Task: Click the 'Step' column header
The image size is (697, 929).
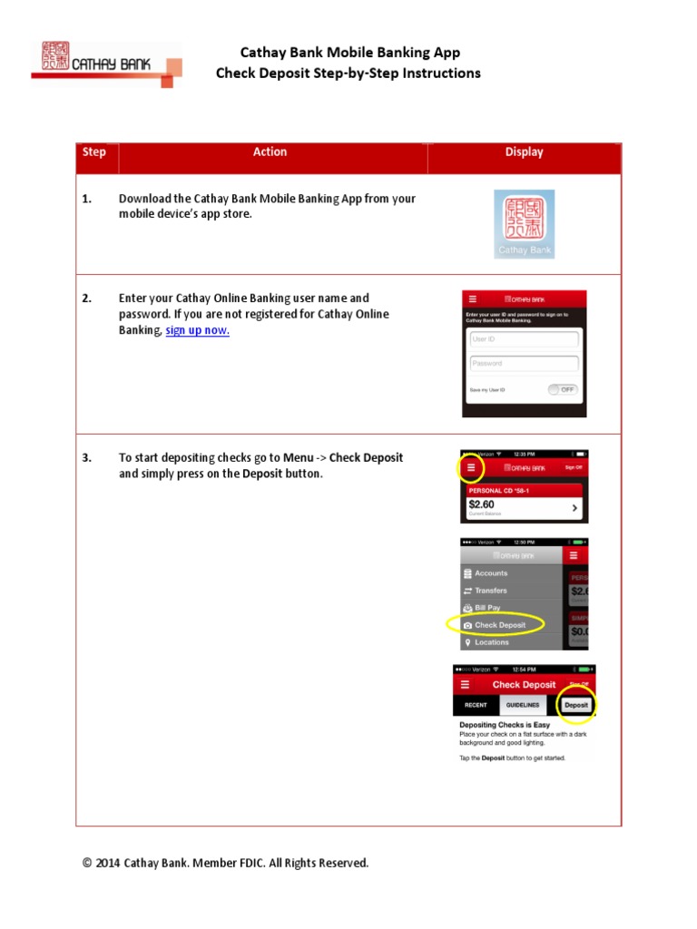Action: click(94, 152)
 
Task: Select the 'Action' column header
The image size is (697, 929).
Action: click(270, 152)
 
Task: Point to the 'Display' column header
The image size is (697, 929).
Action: click(524, 152)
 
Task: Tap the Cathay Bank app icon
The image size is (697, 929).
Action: click(524, 224)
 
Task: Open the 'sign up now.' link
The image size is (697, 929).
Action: click(197, 331)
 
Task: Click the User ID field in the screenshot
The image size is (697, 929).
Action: click(524, 339)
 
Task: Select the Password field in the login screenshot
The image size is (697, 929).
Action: click(524, 364)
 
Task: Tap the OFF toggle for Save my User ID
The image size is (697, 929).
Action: click(562, 390)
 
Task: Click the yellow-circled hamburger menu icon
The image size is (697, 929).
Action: click(470, 467)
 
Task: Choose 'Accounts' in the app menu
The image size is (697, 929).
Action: click(491, 573)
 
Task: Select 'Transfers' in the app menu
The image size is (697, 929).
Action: click(491, 591)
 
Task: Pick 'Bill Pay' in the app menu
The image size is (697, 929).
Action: click(487, 608)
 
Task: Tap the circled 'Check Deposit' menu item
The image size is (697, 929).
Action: click(499, 625)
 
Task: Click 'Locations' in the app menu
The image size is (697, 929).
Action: click(491, 642)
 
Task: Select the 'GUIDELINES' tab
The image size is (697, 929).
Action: click(523, 705)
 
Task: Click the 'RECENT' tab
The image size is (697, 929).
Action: click(476, 705)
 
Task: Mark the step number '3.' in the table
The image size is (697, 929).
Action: click(87, 458)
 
